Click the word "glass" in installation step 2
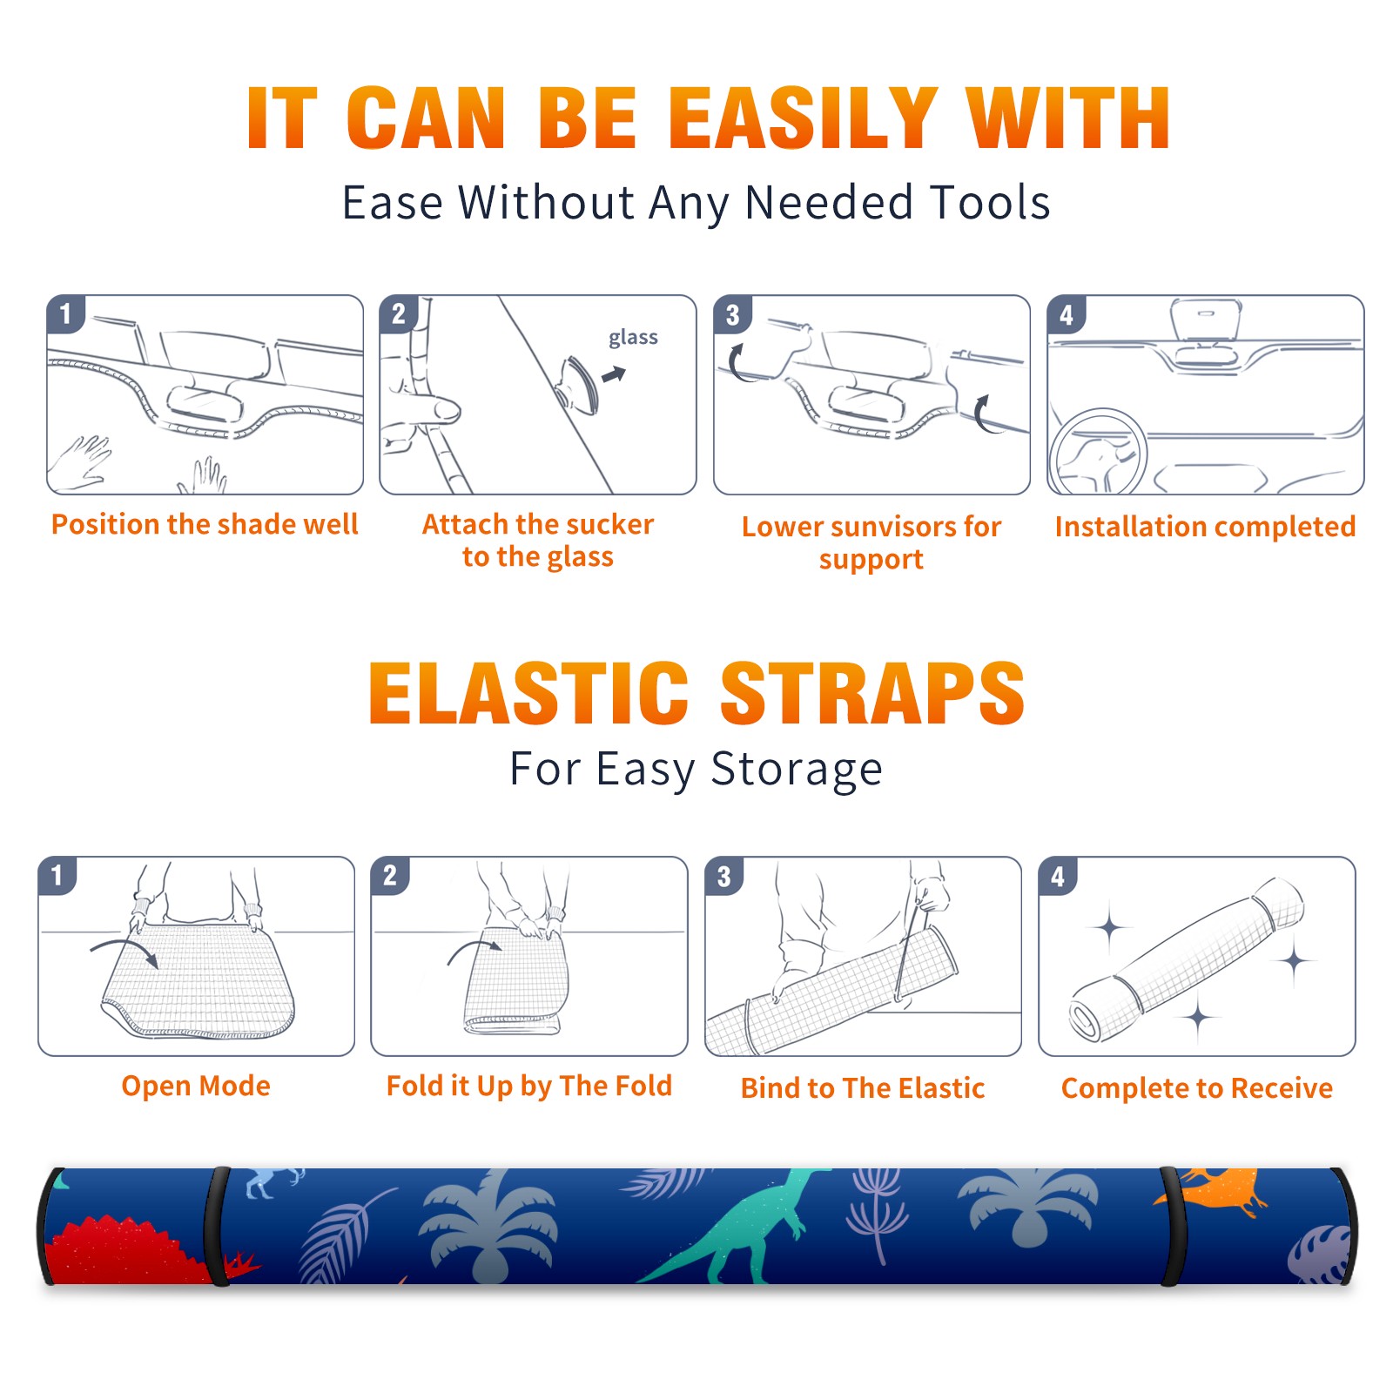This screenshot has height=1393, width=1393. tap(633, 338)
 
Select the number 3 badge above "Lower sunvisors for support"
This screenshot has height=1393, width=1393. tap(732, 314)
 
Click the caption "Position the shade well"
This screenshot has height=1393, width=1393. tap(205, 524)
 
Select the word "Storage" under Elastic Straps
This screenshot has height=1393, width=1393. tap(797, 770)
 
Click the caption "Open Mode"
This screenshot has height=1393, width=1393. tap(196, 1086)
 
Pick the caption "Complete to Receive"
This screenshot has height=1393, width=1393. tap(1197, 1088)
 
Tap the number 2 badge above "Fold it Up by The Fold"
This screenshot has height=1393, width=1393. tap(390, 875)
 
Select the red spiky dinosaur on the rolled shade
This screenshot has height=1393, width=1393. tap(135, 1250)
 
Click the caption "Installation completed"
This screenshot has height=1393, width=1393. tap(1205, 526)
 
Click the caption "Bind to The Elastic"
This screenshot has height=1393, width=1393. tap(863, 1088)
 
